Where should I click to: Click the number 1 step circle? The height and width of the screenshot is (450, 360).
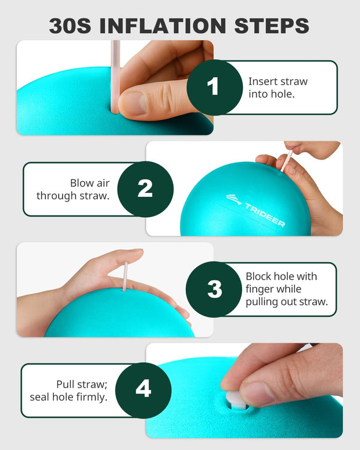tap(214, 87)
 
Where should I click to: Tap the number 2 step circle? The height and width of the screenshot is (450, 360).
tap(145, 189)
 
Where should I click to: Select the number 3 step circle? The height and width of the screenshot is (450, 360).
tap(214, 289)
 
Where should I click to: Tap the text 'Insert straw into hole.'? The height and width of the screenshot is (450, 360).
tap(278, 87)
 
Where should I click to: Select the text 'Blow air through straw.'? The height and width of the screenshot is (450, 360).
tap(73, 189)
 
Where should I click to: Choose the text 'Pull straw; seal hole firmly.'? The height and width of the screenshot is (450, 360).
tap(69, 390)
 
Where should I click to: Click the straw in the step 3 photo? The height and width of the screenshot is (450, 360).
tap(125, 276)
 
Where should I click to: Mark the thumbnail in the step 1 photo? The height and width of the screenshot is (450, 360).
tap(135, 103)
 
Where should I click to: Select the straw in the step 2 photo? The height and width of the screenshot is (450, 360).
tap(287, 160)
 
